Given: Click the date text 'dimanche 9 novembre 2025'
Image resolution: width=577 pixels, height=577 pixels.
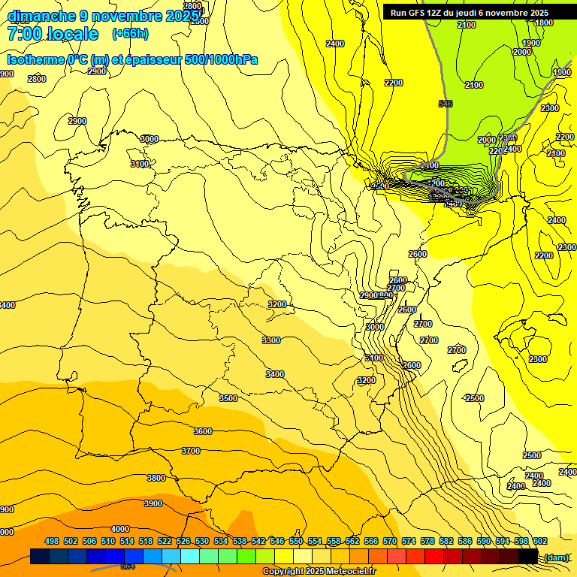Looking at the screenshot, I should click(x=103, y=16).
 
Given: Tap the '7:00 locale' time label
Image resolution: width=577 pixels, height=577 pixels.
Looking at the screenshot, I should click(x=53, y=34).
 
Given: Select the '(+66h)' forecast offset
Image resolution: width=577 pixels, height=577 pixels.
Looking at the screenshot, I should click(x=130, y=34).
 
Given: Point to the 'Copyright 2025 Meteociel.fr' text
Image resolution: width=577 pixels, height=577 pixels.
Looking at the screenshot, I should click(x=319, y=571).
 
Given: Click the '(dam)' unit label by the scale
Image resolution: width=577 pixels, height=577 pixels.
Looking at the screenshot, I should click(x=556, y=557).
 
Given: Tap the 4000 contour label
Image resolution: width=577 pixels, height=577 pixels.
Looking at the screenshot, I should click(x=120, y=529).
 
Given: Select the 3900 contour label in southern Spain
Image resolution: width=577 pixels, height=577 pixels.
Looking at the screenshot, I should click(x=153, y=503).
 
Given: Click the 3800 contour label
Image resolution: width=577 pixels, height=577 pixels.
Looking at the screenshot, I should click(x=156, y=478).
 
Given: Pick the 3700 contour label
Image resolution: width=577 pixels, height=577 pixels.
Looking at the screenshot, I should click(x=191, y=451).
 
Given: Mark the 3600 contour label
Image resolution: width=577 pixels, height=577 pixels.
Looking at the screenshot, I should click(x=203, y=431).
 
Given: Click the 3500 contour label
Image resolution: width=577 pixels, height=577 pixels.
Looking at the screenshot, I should click(x=228, y=398).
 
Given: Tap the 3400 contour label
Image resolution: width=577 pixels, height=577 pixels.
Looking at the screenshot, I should click(x=275, y=374).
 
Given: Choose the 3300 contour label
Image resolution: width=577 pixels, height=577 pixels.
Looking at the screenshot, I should click(x=271, y=340).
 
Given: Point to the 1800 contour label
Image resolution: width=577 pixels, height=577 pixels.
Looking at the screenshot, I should click(x=543, y=23).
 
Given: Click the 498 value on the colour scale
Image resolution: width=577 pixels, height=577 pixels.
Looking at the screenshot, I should click(x=52, y=541).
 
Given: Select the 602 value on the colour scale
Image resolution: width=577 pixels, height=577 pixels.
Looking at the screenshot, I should click(x=540, y=541).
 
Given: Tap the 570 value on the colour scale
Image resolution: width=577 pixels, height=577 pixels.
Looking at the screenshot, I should click(x=390, y=541).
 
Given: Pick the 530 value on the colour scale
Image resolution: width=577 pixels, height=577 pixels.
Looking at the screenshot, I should click(x=202, y=541).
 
